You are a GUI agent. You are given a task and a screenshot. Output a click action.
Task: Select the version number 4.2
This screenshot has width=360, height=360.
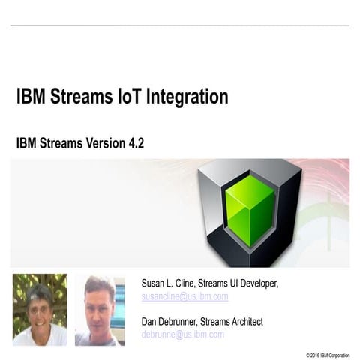click(x=134, y=143)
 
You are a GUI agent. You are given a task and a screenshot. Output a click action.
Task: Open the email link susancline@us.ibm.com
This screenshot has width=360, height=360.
click(x=184, y=296)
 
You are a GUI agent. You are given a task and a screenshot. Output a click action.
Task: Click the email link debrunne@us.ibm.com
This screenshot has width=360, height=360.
click(x=182, y=334)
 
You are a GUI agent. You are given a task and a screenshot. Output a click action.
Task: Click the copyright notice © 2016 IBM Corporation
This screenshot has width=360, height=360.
click(x=327, y=354)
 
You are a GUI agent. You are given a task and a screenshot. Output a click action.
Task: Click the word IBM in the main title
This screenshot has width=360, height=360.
click(x=31, y=97)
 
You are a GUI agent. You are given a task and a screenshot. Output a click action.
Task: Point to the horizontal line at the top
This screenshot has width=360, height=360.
click(x=180, y=26)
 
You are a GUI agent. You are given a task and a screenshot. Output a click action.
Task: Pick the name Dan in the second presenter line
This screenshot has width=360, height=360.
click(x=151, y=321)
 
